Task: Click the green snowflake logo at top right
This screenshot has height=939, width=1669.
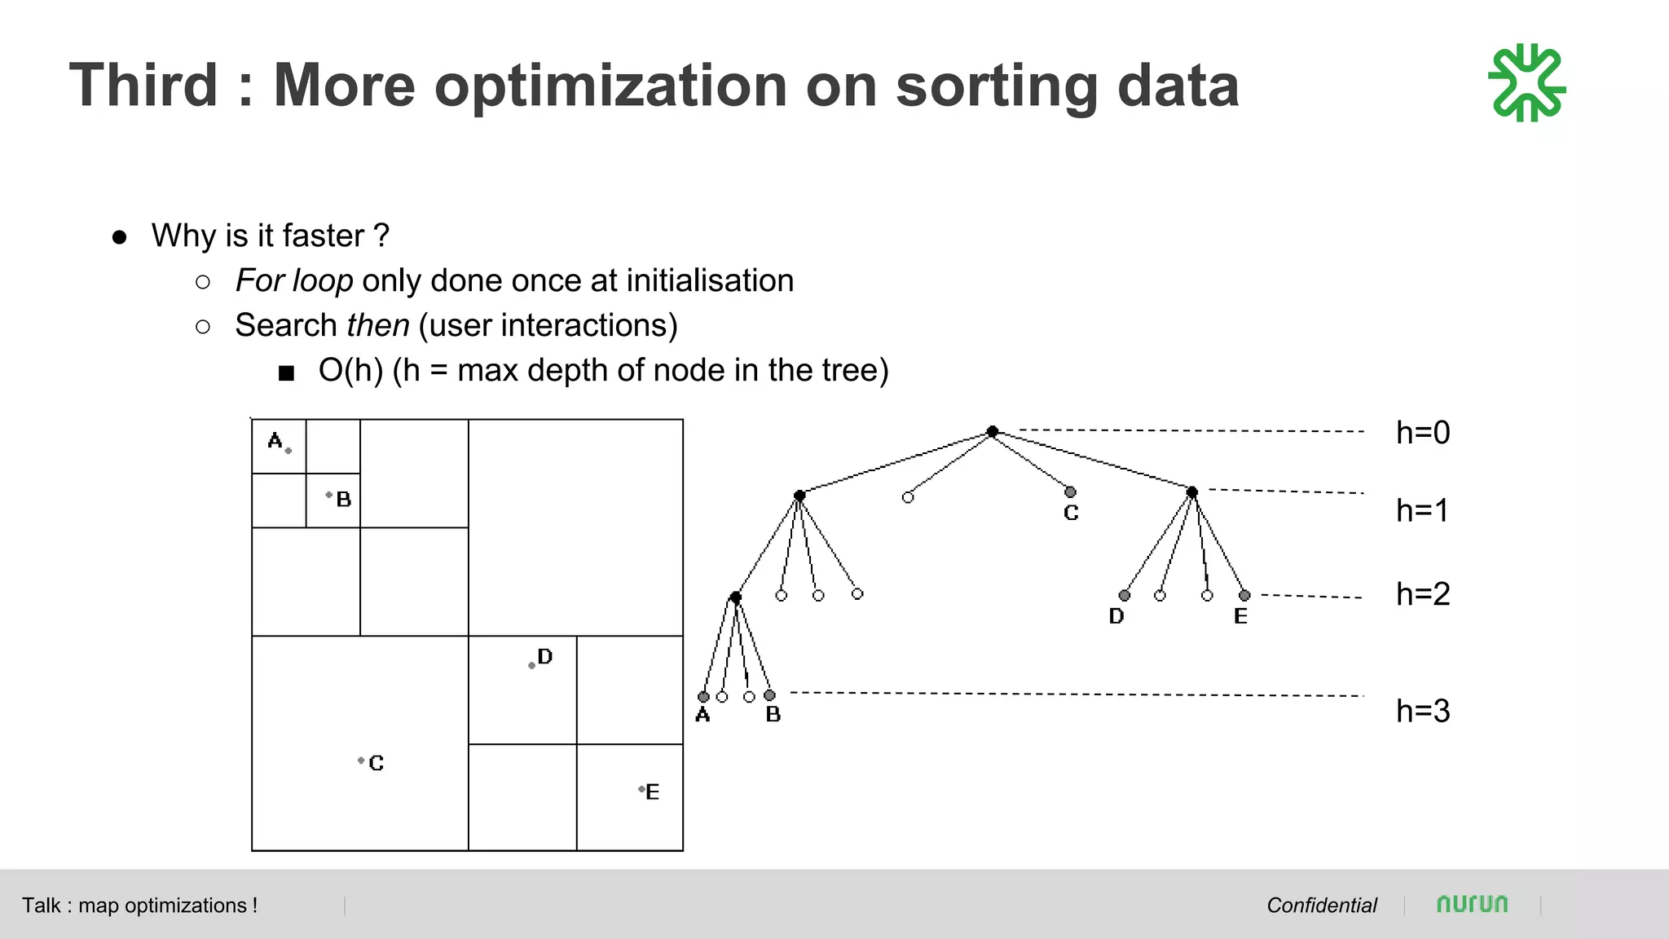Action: point(1526,83)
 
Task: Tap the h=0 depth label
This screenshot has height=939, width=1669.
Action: point(1423,433)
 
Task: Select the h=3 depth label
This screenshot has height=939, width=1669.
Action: point(1423,712)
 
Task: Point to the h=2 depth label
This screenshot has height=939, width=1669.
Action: point(1423,594)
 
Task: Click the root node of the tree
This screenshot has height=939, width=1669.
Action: point(992,431)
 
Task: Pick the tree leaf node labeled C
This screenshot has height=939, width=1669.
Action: point(1070,492)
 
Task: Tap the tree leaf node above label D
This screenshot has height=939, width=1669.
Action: point(1125,596)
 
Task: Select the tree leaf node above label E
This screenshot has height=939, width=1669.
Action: point(1244,596)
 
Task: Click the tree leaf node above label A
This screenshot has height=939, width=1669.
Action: point(703,697)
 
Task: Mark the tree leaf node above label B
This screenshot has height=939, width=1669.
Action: point(769,695)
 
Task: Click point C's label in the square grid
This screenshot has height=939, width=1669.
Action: point(376,763)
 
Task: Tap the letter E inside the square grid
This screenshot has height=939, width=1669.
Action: point(652,792)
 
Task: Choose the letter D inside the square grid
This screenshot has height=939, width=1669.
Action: point(545,657)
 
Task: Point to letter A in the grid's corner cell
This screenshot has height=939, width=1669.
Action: point(275,441)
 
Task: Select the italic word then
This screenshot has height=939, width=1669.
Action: point(377,325)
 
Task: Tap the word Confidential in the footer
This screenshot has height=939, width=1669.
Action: point(1321,906)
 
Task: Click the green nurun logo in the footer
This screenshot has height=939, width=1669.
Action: point(1472,904)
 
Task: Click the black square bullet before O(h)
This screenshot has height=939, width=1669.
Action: point(286,373)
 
